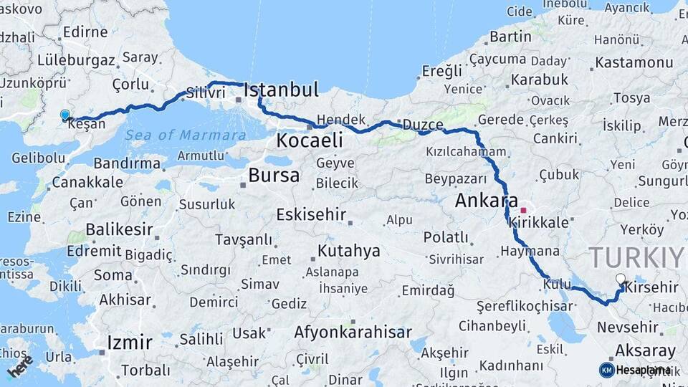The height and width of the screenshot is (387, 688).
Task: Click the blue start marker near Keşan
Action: click(x=65, y=115)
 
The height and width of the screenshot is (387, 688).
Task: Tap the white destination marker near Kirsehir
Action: click(x=621, y=279)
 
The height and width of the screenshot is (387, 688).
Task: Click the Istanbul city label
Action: click(x=281, y=90)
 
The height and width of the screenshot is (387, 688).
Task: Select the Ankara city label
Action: click(x=487, y=201)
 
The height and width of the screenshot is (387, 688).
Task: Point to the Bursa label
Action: click(x=274, y=176)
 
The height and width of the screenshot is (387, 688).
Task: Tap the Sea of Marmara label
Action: click(x=185, y=135)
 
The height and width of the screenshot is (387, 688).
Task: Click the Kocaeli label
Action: click(x=310, y=140)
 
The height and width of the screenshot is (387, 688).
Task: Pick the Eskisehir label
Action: click(x=311, y=214)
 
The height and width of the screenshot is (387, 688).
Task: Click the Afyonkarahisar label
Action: click(x=353, y=333)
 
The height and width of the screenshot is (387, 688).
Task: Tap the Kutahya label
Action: click(x=348, y=251)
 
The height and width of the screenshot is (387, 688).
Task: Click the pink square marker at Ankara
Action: click(x=523, y=210)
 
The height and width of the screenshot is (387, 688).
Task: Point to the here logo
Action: click(x=20, y=366)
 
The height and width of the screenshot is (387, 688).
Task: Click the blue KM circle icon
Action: click(x=606, y=370)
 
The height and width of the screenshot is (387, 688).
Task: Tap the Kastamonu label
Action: click(x=634, y=62)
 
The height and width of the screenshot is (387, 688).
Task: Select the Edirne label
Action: click(x=85, y=32)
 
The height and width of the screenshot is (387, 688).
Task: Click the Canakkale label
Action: click(x=87, y=183)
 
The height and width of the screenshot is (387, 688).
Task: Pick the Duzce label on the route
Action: click(x=422, y=124)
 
